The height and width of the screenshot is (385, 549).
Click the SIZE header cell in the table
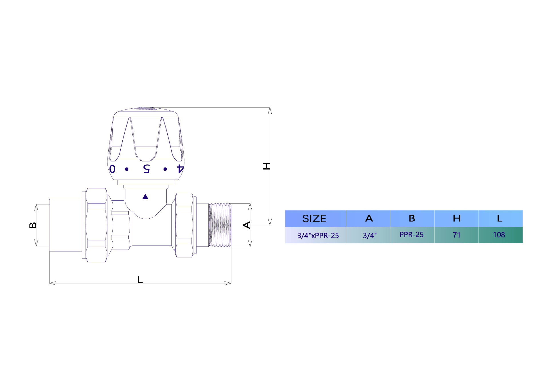point(314,219)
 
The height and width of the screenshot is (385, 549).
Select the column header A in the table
point(369,218)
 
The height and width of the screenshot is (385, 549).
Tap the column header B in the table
point(412,218)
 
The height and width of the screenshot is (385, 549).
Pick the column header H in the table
point(457,218)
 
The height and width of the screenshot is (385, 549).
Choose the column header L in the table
point(500,218)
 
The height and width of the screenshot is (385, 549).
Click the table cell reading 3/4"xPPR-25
point(318,236)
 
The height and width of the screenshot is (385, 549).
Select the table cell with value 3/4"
point(370,236)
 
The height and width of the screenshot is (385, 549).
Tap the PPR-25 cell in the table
point(411,235)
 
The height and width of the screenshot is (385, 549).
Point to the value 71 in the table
point(457,235)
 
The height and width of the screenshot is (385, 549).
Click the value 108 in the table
point(499,235)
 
